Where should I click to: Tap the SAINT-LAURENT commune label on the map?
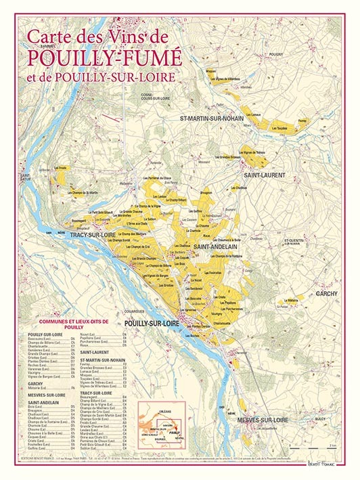point(265,175)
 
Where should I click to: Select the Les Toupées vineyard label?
point(283,128)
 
